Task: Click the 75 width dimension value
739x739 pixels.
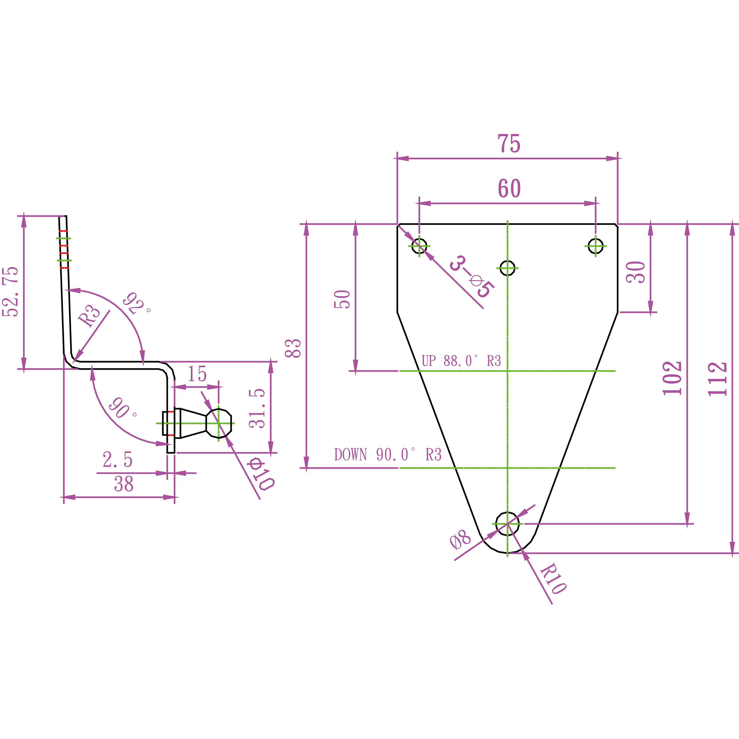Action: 509,144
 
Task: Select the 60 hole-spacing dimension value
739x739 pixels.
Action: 509,188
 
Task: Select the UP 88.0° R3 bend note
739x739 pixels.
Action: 461,361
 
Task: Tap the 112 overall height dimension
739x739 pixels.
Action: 717,379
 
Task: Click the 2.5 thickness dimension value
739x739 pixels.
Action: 118,460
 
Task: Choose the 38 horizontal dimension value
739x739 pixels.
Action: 123,484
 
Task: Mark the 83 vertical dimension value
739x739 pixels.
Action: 293,348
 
